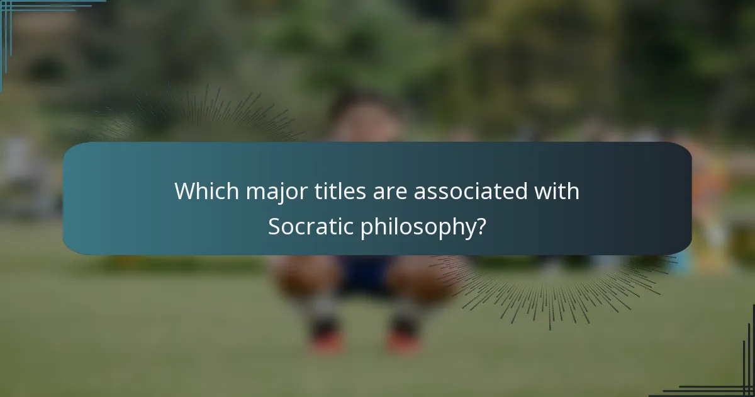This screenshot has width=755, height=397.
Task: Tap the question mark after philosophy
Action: (x=481, y=227)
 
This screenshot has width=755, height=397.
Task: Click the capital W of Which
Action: (x=183, y=191)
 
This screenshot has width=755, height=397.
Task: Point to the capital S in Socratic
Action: (x=274, y=227)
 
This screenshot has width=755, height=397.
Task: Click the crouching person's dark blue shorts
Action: (x=365, y=274)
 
